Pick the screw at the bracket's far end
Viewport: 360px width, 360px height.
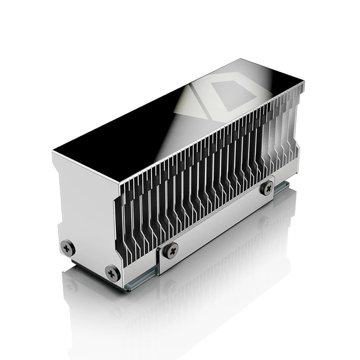pos(267,188)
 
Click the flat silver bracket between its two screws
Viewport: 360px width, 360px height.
pos(220,220)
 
